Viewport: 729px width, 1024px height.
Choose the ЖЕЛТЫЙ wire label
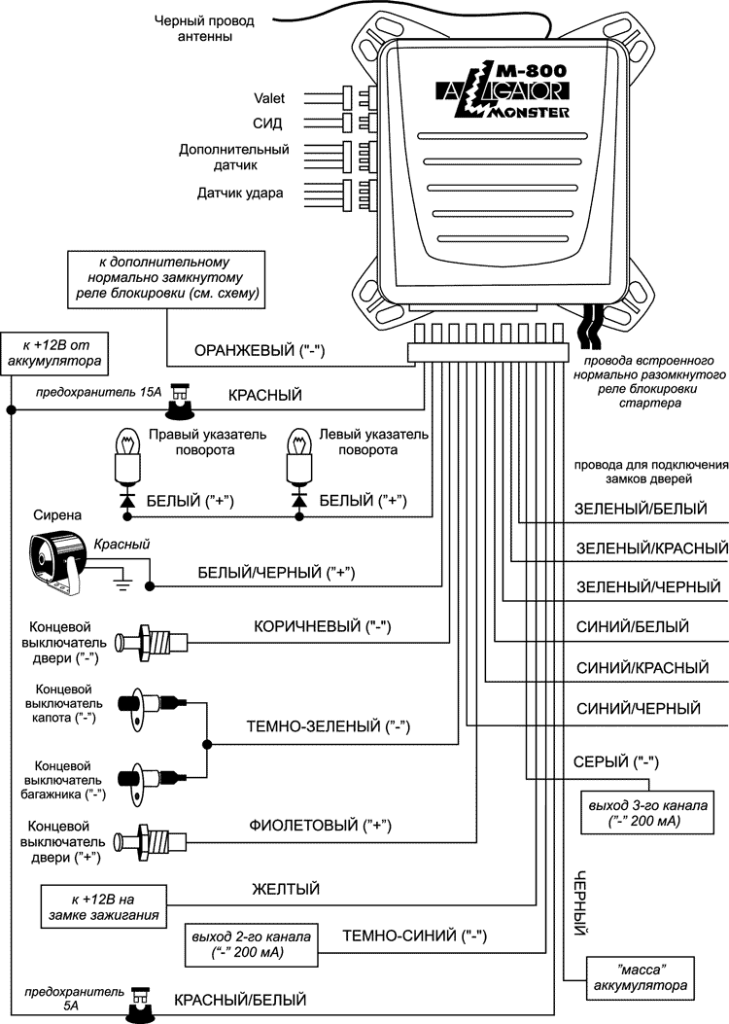(x=286, y=889)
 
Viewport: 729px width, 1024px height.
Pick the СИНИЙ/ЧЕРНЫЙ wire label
(x=638, y=709)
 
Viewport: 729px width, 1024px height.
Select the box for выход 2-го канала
(x=247, y=944)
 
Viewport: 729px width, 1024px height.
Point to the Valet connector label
(x=268, y=98)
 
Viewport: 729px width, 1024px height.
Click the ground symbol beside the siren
(x=121, y=583)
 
